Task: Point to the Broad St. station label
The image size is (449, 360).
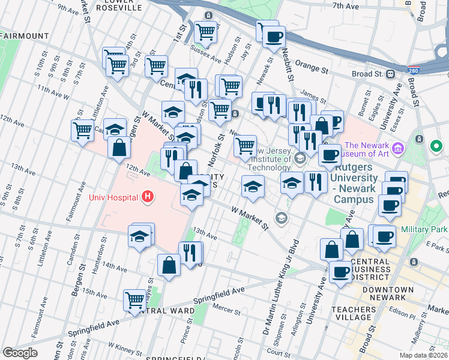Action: pos(367,74)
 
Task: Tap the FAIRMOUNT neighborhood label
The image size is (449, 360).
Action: pos(25,36)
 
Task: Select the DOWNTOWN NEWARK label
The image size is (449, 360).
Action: pos(388,295)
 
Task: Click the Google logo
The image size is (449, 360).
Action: pos(20,353)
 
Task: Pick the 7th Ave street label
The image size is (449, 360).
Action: pos(345,5)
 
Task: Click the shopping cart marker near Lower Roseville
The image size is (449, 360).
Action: pos(206,31)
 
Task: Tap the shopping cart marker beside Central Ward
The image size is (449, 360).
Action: pos(135,299)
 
